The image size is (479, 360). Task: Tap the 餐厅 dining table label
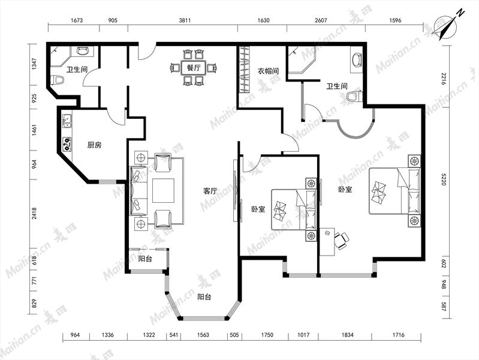[194, 68]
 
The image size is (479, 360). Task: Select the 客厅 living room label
[210, 191]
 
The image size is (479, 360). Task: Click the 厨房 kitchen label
[94, 145]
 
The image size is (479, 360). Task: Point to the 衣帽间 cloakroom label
[268, 71]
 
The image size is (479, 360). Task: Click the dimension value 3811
[185, 20]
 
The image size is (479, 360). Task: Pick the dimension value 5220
[444, 179]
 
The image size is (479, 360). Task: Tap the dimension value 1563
[203, 335]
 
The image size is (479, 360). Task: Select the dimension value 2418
[34, 213]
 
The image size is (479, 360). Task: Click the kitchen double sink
[67, 121]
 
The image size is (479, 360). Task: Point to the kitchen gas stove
[67, 145]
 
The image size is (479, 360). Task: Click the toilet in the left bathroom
[58, 80]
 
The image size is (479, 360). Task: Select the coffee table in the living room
[164, 191]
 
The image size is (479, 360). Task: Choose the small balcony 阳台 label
[145, 259]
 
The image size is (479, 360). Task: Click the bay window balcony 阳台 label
[204, 296]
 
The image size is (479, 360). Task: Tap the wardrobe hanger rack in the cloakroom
[244, 69]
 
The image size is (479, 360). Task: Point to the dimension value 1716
[398, 335]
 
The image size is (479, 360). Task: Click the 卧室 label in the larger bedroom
[345, 190]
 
